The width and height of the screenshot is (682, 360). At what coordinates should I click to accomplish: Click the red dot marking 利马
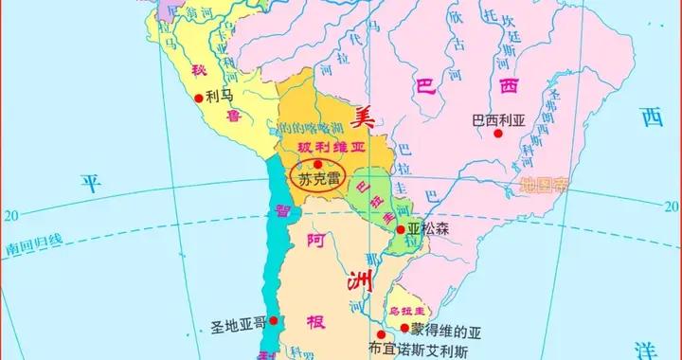pyautogui.click(x=198, y=97)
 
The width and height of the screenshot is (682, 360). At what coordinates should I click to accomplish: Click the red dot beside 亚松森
pyautogui.click(x=401, y=229)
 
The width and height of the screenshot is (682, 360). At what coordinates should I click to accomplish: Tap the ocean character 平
pyautogui.click(x=89, y=182)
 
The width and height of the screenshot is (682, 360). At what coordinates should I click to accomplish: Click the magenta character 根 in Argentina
pyautogui.click(x=314, y=323)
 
